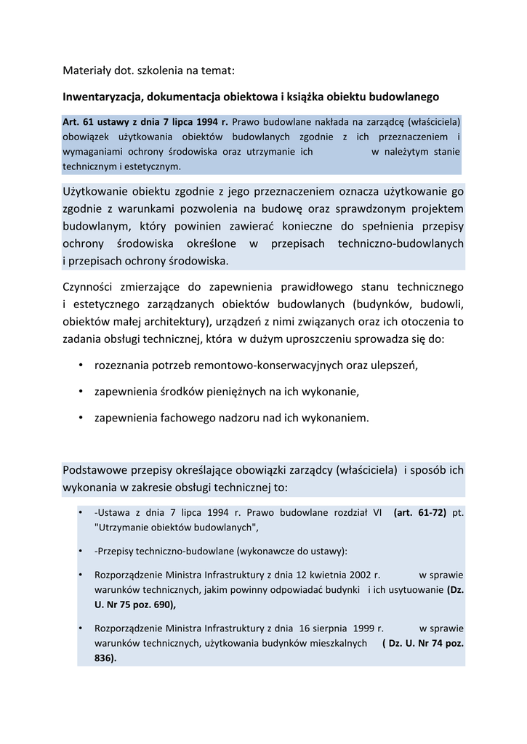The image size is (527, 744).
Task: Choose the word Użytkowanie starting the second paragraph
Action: [94, 192]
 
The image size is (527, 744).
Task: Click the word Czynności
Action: [89, 287]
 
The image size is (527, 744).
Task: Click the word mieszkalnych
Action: [337, 643]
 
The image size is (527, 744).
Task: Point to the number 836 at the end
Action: [103, 658]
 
